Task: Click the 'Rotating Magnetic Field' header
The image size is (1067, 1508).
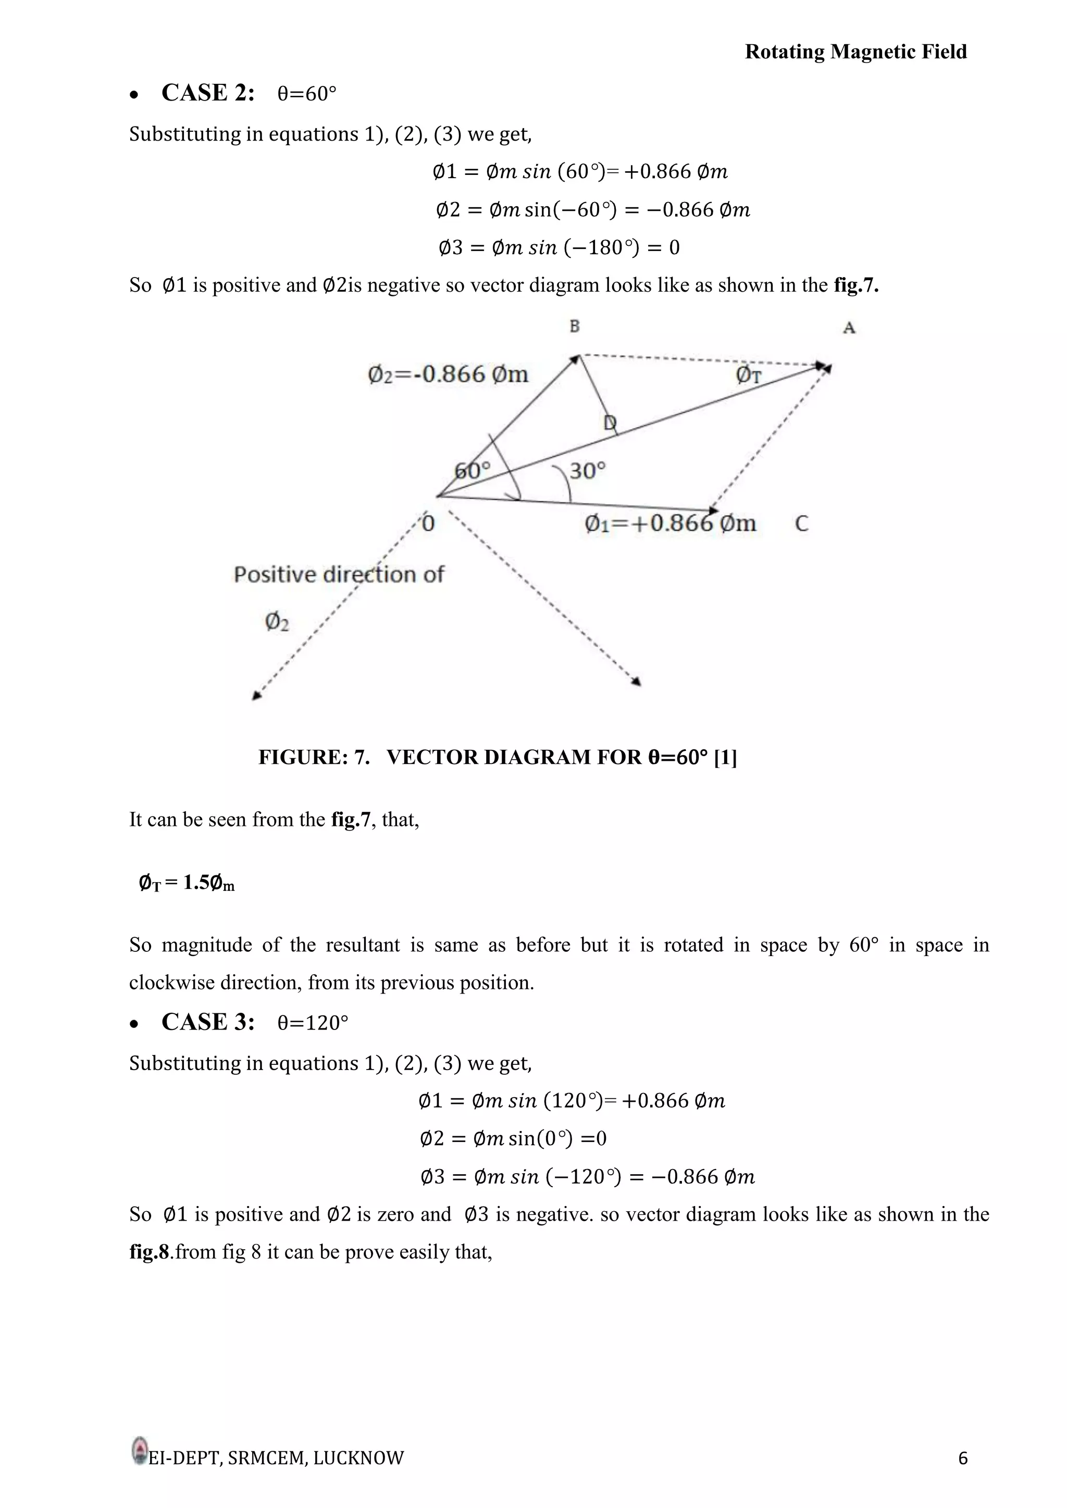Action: (855, 52)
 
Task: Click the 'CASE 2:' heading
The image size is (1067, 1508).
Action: (208, 93)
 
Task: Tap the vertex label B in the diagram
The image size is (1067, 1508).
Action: (574, 326)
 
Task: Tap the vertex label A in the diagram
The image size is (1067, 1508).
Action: (849, 328)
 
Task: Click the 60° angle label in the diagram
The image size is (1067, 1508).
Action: (473, 470)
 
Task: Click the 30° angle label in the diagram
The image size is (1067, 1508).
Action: (587, 471)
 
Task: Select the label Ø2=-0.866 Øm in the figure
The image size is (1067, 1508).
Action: (448, 374)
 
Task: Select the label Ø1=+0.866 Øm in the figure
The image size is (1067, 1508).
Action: (670, 523)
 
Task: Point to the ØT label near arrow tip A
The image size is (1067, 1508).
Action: (748, 375)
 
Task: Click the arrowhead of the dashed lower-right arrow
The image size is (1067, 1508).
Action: (636, 682)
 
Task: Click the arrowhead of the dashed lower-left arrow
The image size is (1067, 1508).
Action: (257, 696)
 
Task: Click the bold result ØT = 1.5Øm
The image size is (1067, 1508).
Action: (187, 883)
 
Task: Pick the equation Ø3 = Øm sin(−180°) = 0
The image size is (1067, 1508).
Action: (559, 248)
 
